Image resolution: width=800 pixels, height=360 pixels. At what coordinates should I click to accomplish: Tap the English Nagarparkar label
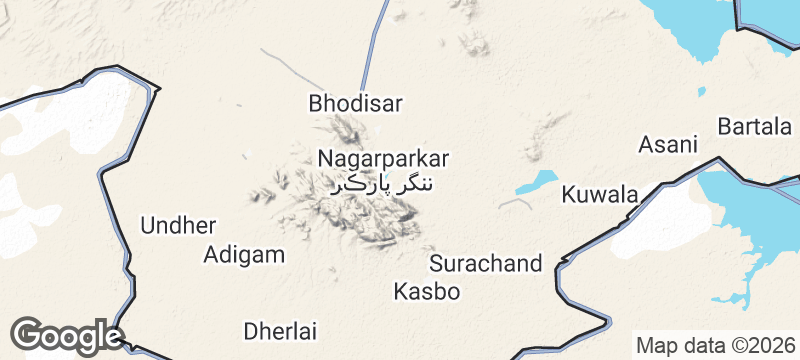(383, 158)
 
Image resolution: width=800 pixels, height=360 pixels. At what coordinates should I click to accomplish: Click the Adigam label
(244, 254)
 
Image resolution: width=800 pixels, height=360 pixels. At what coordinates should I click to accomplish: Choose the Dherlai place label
(280, 330)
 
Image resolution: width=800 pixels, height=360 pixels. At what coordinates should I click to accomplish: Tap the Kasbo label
(427, 292)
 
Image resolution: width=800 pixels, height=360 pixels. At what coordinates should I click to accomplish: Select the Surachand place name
(485, 264)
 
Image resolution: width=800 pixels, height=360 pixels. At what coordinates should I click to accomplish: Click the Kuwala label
(599, 194)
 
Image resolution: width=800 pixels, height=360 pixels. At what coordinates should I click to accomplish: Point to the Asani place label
(667, 144)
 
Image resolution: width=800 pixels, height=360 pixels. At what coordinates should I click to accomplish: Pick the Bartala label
(755, 127)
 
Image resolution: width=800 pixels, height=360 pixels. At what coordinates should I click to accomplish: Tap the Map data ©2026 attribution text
(714, 344)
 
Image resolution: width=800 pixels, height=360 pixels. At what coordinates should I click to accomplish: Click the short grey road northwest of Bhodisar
(290, 66)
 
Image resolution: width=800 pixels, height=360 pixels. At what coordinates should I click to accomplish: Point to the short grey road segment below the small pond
(515, 202)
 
